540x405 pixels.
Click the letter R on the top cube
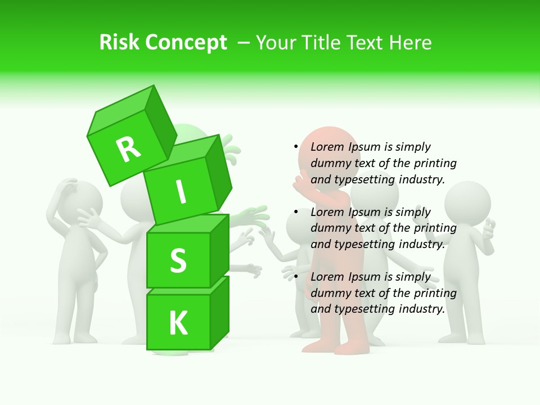pyautogui.click(x=128, y=149)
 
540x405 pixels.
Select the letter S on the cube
pyautogui.click(x=178, y=261)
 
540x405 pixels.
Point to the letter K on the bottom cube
pyautogui.click(x=178, y=323)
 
